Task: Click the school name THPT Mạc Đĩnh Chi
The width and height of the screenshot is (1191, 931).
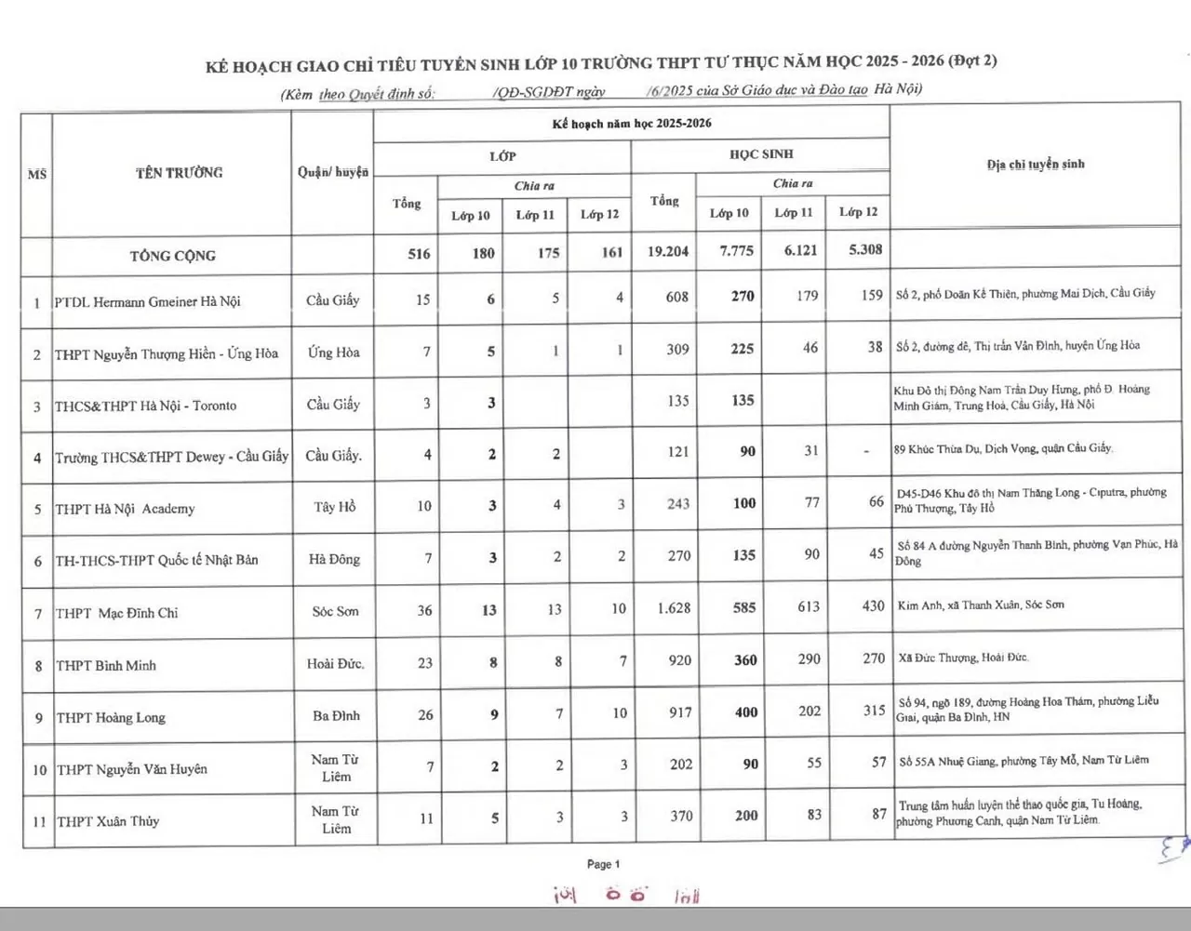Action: (117, 613)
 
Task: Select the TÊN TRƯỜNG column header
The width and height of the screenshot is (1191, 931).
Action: (179, 172)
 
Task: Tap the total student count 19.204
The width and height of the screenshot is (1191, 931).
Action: (668, 251)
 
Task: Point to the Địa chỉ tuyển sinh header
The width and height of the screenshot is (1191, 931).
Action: (1036, 165)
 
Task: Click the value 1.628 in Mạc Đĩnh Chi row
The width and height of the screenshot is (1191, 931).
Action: (674, 608)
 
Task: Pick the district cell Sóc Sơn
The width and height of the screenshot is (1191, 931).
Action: (335, 611)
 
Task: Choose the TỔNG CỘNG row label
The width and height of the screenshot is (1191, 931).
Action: (172, 256)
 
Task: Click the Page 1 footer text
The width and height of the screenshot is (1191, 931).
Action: (603, 864)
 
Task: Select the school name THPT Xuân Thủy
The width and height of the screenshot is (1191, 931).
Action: (108, 821)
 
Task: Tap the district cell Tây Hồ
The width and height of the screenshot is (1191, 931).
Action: (335, 507)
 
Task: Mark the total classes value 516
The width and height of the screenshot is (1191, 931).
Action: (419, 253)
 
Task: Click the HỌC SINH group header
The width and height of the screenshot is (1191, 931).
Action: (761, 154)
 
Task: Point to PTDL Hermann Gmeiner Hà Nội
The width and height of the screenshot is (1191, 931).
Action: (147, 301)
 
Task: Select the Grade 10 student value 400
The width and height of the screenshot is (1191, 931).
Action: (745, 712)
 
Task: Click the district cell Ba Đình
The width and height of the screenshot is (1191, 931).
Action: (336, 715)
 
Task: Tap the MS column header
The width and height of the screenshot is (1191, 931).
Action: (36, 174)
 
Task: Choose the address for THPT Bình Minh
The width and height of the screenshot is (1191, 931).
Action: (963, 658)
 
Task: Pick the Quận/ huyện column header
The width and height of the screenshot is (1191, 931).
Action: (333, 172)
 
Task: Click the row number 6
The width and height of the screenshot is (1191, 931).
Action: (38, 562)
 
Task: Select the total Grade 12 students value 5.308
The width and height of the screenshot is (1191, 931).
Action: (865, 249)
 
